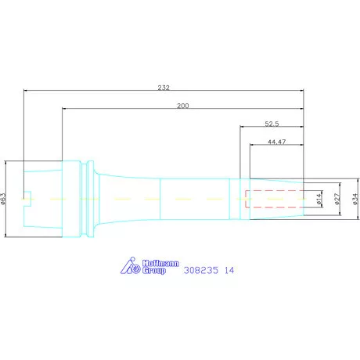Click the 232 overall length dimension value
pos(164,88)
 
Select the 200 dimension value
pos(183,106)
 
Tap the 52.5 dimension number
pos(272,124)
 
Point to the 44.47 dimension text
pos(277,142)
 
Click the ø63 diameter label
pos(3,199)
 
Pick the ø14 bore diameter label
pos(319,199)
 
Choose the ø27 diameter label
pos(337,199)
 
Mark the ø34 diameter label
pos(355,199)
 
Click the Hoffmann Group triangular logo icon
pos(131,265)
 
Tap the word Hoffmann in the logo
pos(160,263)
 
